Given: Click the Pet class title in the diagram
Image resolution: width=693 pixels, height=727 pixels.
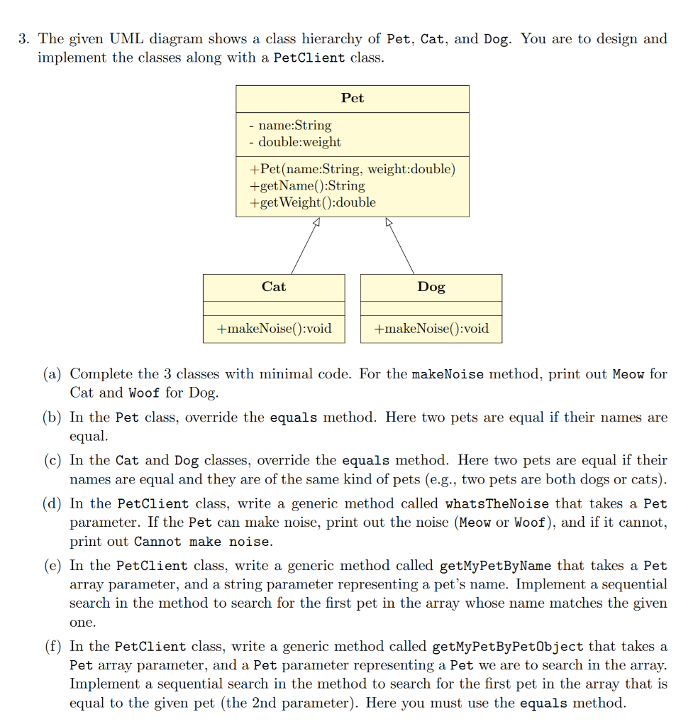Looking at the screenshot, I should coord(353,99).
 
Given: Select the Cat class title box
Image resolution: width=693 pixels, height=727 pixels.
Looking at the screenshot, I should coord(274,287).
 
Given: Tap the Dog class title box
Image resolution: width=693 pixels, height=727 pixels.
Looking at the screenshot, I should coord(431,287).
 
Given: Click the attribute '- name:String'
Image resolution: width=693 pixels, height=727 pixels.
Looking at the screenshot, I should coord(291,126).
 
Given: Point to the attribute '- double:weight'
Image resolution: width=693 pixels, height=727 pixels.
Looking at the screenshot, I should coord(296,142).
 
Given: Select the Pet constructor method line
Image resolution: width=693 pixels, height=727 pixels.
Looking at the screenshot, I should coord(353,169).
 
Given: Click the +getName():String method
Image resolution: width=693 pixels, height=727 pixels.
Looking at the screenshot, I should coord(307,185).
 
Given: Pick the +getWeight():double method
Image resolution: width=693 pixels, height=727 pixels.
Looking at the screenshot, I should coord(313,202).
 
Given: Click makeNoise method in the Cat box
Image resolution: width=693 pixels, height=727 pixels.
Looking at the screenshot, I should coord(274,329).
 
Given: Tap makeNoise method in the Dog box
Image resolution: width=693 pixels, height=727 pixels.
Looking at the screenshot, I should coord(431,329).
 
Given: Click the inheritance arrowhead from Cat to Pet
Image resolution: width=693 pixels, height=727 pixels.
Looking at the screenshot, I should coord(316,223).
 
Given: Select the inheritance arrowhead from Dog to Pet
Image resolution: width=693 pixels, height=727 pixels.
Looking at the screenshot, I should coord(388,223).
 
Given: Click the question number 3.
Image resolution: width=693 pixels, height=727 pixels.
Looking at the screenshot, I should coord(23,39).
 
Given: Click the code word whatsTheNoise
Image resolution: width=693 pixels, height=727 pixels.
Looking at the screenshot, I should coord(497,504).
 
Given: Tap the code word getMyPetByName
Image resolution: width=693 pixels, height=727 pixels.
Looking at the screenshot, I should coord(497,567).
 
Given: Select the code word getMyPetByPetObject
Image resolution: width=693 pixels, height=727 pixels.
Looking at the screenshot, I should coord(507,647).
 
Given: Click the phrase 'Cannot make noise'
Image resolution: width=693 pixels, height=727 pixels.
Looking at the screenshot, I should coord(201,542).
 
